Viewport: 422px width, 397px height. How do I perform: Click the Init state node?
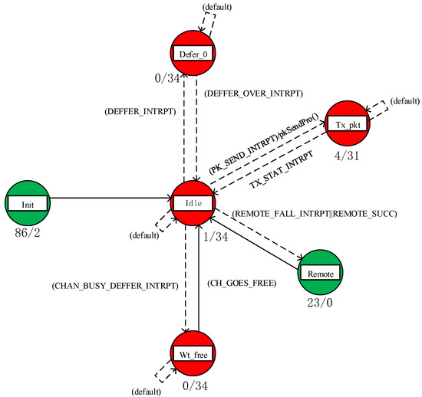coord(28,203)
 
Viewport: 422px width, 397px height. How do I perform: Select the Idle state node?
coord(193,203)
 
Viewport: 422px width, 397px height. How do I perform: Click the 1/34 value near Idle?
coord(215,236)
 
